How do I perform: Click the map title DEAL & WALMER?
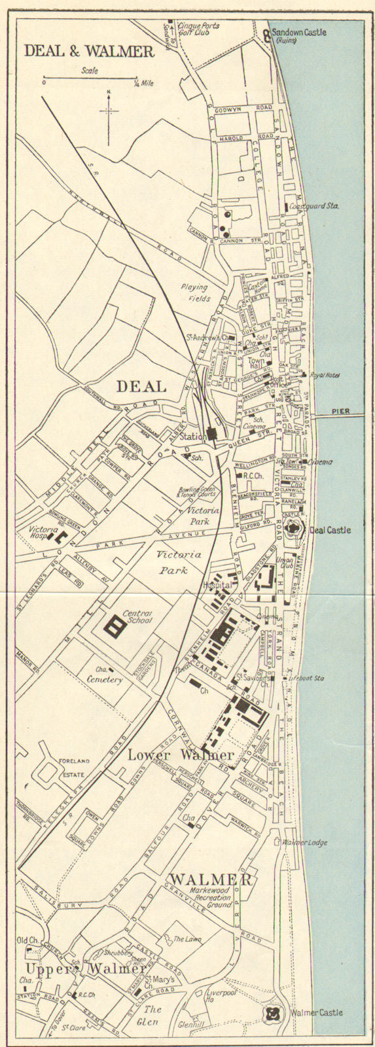pos(89,51)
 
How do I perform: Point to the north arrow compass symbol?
pos(109,111)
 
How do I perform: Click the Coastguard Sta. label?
pos(317,207)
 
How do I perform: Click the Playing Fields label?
pos(194,292)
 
